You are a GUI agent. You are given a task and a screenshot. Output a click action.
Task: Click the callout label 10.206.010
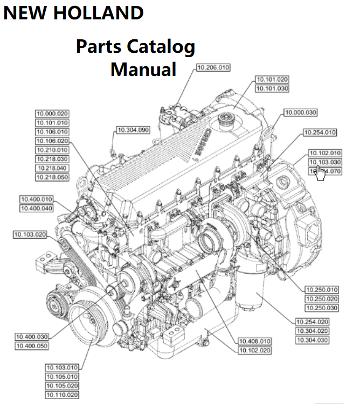[212, 67]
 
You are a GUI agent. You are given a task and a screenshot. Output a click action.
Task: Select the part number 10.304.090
[133, 130]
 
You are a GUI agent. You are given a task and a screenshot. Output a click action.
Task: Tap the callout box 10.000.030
[301, 113]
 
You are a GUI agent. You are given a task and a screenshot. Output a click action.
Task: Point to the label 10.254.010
[319, 132]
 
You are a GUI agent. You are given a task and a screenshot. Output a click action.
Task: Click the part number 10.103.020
[30, 234]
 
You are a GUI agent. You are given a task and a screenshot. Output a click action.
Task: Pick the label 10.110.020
[62, 395]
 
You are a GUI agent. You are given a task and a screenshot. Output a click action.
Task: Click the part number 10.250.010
[321, 289]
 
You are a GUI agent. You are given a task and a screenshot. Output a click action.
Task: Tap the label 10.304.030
[312, 340]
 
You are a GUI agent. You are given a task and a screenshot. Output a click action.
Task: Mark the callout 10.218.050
[52, 177]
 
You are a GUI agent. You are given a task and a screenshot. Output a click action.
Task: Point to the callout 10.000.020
[52, 114]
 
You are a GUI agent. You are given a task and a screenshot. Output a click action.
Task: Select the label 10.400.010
[36, 199]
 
